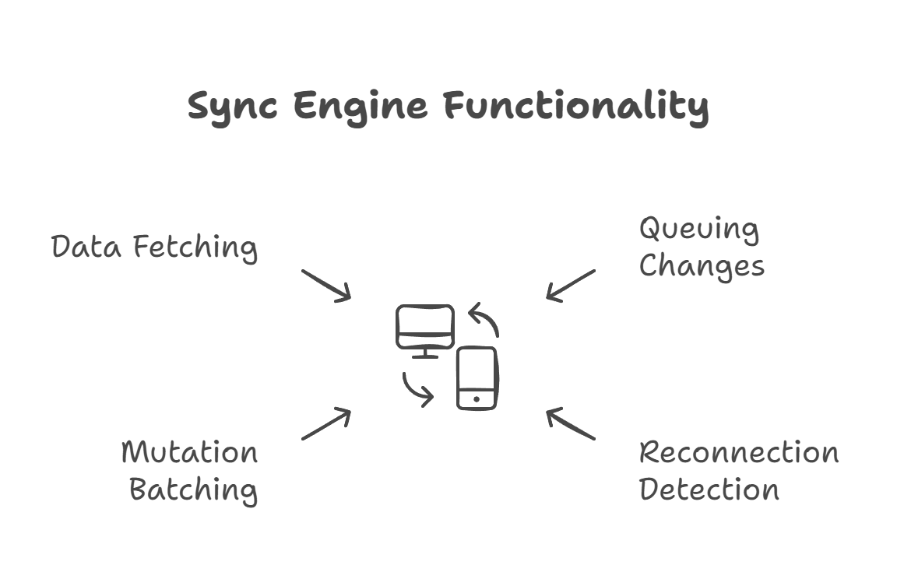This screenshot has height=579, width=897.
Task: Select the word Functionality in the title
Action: click(x=576, y=106)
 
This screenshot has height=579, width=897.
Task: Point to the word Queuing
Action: click(x=698, y=230)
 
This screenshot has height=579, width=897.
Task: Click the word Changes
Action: click(x=702, y=266)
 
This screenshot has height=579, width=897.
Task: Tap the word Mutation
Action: click(x=189, y=453)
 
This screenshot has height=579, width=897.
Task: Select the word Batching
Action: click(x=193, y=490)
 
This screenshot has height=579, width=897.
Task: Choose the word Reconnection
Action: click(x=738, y=453)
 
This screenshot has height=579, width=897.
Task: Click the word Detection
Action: click(x=709, y=490)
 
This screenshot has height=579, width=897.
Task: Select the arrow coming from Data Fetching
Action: click(x=326, y=286)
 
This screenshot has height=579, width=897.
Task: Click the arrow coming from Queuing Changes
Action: click(x=571, y=285)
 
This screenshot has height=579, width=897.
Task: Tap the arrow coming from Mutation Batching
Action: click(x=326, y=424)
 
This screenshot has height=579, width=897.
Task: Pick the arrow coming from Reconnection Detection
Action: click(x=571, y=424)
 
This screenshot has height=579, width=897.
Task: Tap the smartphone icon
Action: click(x=477, y=377)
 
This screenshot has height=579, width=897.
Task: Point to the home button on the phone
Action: click(x=477, y=400)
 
